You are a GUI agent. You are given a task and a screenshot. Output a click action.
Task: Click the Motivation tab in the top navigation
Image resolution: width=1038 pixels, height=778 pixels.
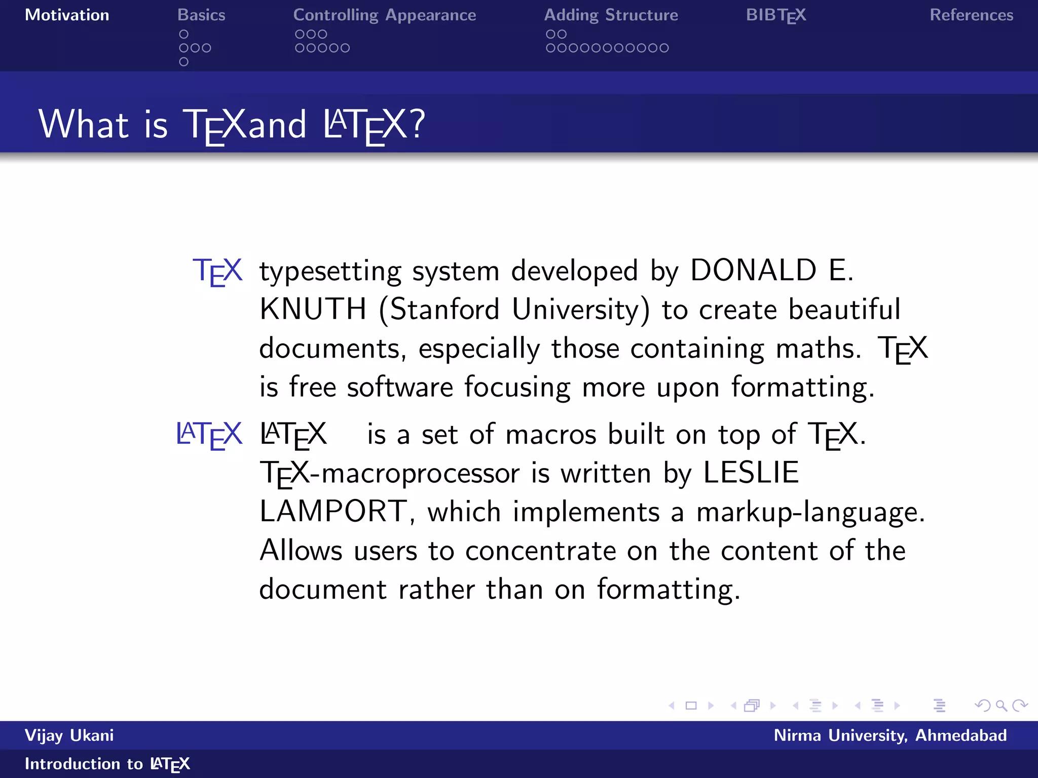67,15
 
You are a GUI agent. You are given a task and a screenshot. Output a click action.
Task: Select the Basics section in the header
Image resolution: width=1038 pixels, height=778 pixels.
201,15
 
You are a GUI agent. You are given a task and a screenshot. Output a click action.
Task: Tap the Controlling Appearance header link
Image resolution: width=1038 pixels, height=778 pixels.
384,15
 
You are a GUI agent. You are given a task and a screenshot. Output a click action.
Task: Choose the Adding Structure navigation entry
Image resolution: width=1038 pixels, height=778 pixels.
611,15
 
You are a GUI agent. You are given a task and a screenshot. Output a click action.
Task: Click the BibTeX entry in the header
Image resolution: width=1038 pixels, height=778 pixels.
775,15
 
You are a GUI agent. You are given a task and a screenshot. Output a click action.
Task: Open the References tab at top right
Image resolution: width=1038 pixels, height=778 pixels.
971,15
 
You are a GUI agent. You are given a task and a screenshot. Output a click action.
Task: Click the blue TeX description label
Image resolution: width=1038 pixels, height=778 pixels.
217,271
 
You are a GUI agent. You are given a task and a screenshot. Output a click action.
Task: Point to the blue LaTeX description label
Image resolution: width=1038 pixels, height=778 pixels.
209,435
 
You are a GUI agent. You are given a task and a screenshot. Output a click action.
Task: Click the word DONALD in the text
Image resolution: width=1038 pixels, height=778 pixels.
753,270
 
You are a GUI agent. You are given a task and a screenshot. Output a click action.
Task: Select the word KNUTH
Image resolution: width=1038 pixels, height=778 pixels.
313,309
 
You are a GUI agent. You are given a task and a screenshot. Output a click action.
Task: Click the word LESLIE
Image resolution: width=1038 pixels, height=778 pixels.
751,473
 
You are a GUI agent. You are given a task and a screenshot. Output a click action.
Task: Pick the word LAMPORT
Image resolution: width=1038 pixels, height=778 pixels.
333,511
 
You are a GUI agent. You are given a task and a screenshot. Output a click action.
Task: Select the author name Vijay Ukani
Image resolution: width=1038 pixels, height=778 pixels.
69,735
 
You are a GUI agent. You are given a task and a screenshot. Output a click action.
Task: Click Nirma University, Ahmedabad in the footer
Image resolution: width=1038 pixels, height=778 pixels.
890,735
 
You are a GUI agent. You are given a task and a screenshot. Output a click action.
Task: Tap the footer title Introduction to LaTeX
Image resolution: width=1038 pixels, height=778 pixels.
107,764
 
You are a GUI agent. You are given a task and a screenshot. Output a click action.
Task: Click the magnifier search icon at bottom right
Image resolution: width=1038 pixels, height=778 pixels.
1001,706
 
